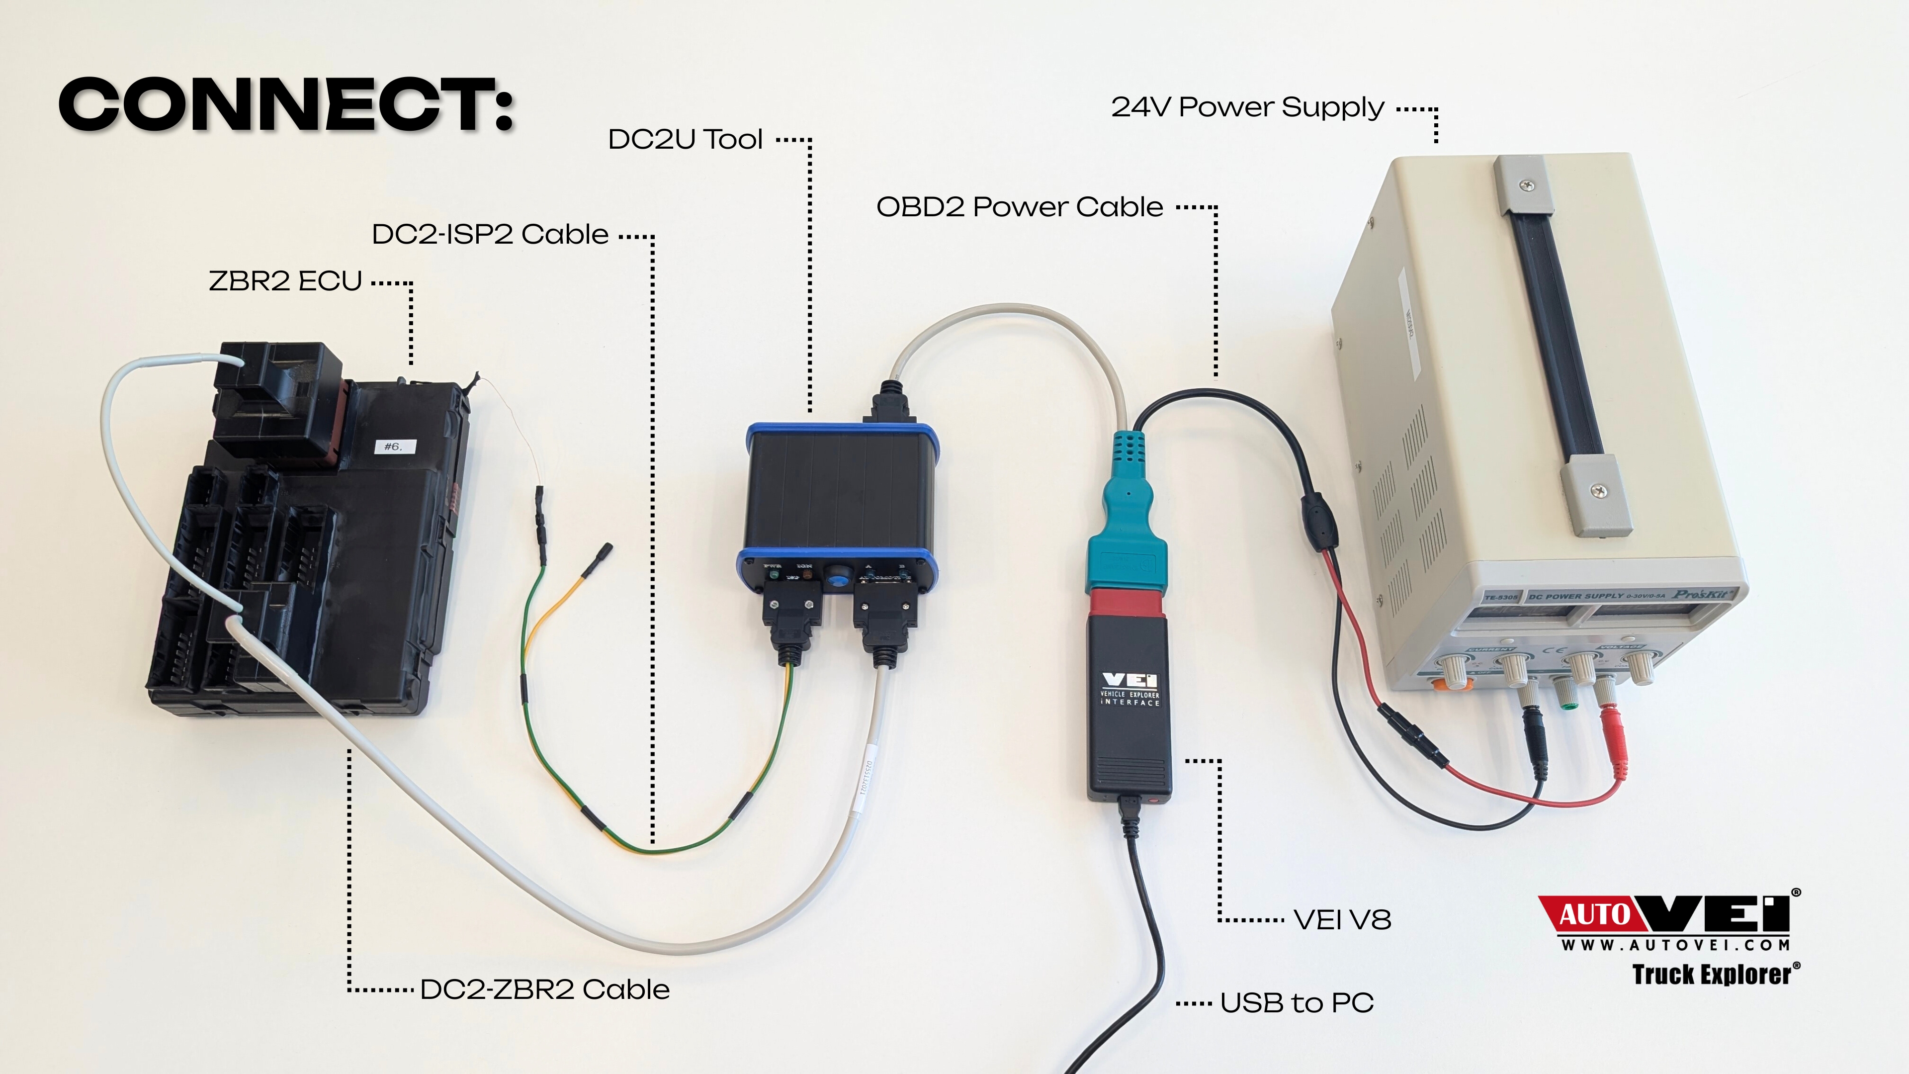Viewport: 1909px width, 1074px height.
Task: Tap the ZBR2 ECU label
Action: tap(285, 281)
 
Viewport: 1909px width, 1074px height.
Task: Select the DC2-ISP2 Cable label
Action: tap(490, 234)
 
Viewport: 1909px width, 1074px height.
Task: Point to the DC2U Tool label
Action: tap(685, 139)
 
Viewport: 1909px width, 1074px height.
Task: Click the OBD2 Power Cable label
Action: tap(1019, 207)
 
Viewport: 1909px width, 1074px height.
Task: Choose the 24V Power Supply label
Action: tap(1247, 107)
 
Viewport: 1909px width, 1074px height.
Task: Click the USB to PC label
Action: tap(1297, 1003)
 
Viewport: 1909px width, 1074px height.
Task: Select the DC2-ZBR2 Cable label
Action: tap(545, 989)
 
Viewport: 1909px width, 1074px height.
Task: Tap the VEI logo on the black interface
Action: tap(1130, 680)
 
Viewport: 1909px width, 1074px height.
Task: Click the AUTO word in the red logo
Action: tap(1595, 915)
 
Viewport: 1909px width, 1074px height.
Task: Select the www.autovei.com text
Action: tap(1675, 945)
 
